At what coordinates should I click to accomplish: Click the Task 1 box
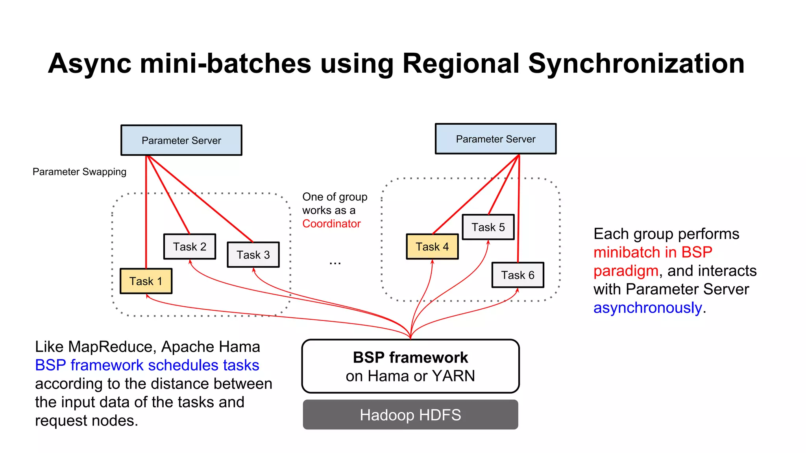pos(146,281)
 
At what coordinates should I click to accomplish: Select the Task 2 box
pos(190,247)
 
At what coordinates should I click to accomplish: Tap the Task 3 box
pos(253,255)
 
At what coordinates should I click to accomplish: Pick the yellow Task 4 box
pos(432,247)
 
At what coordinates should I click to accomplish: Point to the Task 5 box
pos(488,227)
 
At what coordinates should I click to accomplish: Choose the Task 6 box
pos(518,275)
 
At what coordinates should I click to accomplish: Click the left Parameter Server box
pos(181,140)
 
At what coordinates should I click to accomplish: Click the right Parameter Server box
pos(495,139)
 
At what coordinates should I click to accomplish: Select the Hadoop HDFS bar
pos(410,415)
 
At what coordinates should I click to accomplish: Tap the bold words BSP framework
pos(410,357)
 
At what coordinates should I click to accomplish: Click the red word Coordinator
pos(331,224)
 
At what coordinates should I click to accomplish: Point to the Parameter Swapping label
pos(79,172)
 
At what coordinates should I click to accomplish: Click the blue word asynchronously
pos(647,308)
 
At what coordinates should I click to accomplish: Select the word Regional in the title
pos(461,64)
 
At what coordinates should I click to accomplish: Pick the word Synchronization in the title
pos(636,64)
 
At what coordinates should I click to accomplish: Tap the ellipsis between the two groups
pos(335,262)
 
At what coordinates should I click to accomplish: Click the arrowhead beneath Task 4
pos(432,261)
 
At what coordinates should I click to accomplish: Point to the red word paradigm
pos(626,271)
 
